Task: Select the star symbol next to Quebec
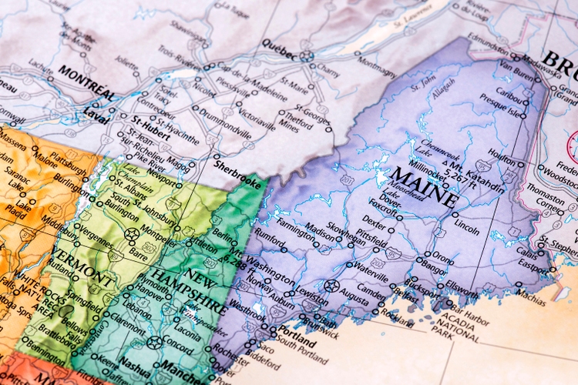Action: (307, 55)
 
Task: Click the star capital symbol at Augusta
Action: (332, 286)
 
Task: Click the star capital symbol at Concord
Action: (155, 342)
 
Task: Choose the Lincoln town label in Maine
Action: (467, 229)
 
